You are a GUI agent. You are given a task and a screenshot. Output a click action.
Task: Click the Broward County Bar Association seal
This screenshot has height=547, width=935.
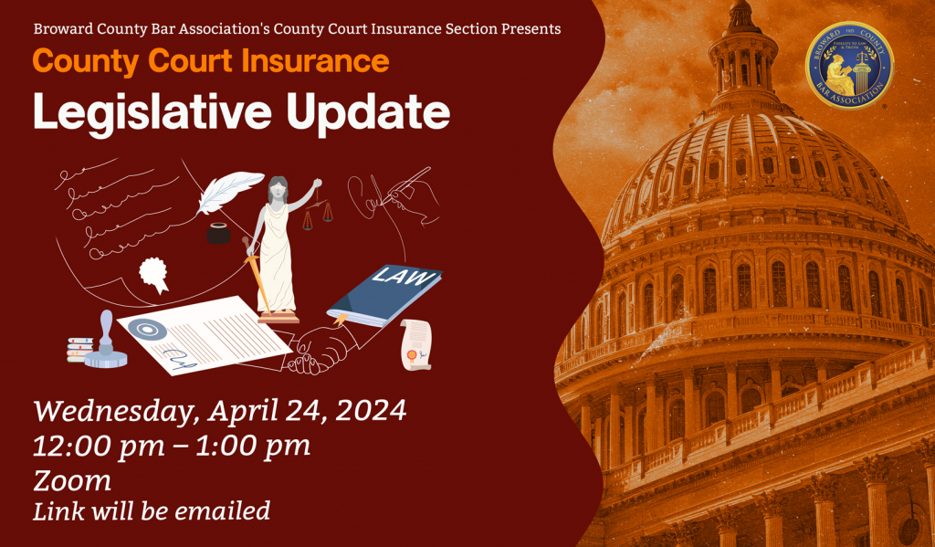click(849, 66)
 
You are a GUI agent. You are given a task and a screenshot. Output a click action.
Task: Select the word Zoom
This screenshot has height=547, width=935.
click(72, 479)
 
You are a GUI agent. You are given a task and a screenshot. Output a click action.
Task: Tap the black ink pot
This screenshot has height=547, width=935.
click(218, 233)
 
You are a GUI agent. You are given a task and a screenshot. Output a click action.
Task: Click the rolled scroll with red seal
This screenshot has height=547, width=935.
click(415, 344)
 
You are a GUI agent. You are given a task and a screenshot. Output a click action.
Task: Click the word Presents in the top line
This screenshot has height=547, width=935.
click(530, 28)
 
